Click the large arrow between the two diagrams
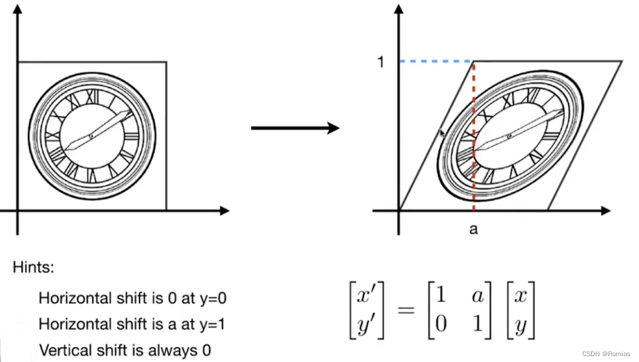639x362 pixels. pos(295,128)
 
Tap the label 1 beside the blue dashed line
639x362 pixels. pos(381,61)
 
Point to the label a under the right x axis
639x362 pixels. pos(474,229)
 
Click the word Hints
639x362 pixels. pos(33,268)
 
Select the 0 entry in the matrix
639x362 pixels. pos(441,325)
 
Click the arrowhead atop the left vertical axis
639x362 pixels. pos(18,10)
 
